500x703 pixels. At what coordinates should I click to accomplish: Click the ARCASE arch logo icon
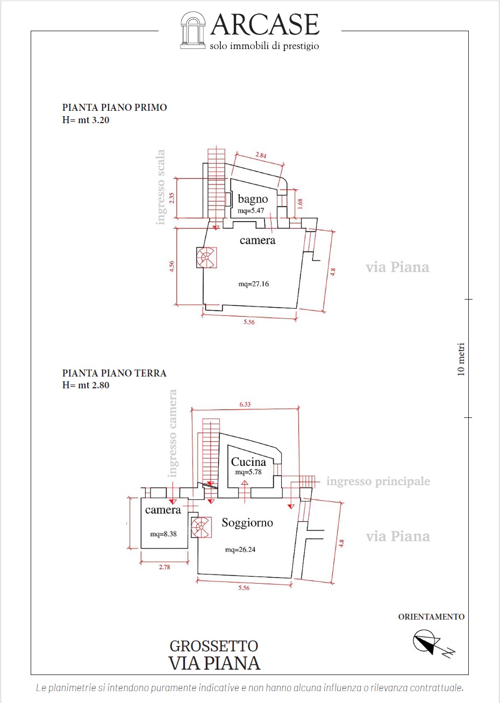pyautogui.click(x=192, y=30)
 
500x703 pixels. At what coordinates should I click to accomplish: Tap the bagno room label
pyautogui.click(x=253, y=200)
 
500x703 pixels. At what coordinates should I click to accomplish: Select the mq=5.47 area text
pyautogui.click(x=251, y=211)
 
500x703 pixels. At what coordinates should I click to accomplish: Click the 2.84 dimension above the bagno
pyautogui.click(x=261, y=155)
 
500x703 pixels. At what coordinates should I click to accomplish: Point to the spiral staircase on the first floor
pyautogui.click(x=206, y=257)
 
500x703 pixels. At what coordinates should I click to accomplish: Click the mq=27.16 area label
pyautogui.click(x=253, y=284)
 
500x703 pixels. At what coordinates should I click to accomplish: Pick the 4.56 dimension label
pyautogui.click(x=172, y=266)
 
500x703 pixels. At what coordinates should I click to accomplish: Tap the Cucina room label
pyautogui.click(x=248, y=461)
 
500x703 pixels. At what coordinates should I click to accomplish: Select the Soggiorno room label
pyautogui.click(x=247, y=522)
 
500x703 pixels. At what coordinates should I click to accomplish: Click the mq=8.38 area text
pyautogui.click(x=163, y=534)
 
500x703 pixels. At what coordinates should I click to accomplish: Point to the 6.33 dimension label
pyautogui.click(x=245, y=404)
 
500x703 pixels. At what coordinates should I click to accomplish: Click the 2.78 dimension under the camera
pyautogui.click(x=165, y=567)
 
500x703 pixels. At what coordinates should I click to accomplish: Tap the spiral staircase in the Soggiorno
pyautogui.click(x=201, y=527)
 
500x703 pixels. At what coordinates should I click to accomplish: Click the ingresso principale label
pyautogui.click(x=378, y=481)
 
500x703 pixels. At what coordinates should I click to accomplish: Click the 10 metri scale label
pyautogui.click(x=460, y=359)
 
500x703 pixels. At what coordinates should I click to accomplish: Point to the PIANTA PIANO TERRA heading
pyautogui.click(x=114, y=373)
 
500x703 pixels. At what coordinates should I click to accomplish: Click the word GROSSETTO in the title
pyautogui.click(x=214, y=646)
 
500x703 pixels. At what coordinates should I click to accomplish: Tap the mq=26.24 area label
pyautogui.click(x=240, y=550)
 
